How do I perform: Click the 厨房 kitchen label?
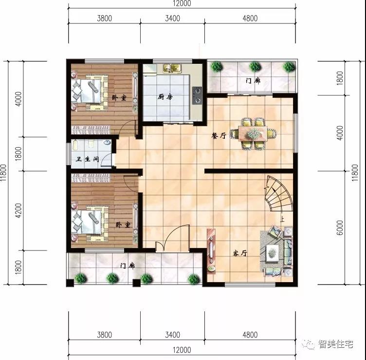[165, 96]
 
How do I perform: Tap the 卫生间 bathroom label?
[87, 159]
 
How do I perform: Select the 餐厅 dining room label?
[219, 135]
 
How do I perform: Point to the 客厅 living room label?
[240, 253]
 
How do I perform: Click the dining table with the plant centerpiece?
[252, 133]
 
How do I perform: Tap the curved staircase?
[279, 194]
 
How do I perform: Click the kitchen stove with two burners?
[197, 95]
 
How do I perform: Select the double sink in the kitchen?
[171, 68]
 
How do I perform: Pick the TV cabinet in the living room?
[211, 251]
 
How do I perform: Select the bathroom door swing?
[107, 159]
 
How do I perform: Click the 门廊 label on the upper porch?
[253, 81]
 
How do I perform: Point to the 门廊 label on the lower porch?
[128, 265]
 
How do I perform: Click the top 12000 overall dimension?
[182, 3]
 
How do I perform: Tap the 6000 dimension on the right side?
[340, 227]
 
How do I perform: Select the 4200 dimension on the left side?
[18, 210]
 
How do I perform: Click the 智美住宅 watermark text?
[336, 344]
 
